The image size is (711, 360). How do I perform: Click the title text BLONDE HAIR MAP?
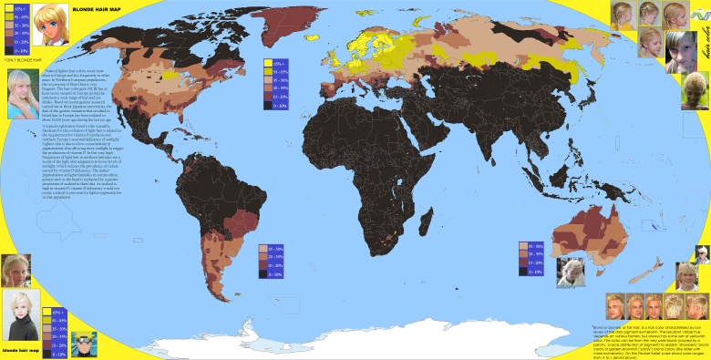click(x=91, y=9)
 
